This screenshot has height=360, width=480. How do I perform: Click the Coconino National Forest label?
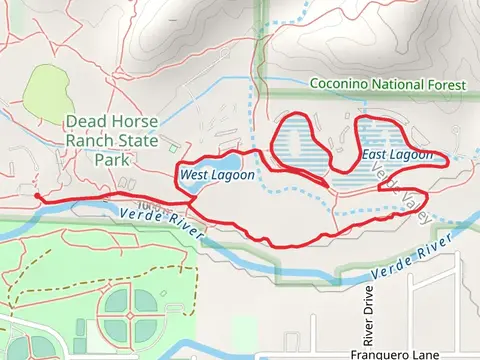click(387, 85)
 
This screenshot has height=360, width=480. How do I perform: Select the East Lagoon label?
click(397, 155)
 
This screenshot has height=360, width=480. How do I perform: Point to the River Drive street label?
click(367, 315)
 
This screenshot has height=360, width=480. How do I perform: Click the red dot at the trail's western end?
click(37, 197)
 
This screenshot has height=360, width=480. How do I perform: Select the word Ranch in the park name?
click(91, 141)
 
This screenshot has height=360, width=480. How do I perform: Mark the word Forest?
click(445, 85)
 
